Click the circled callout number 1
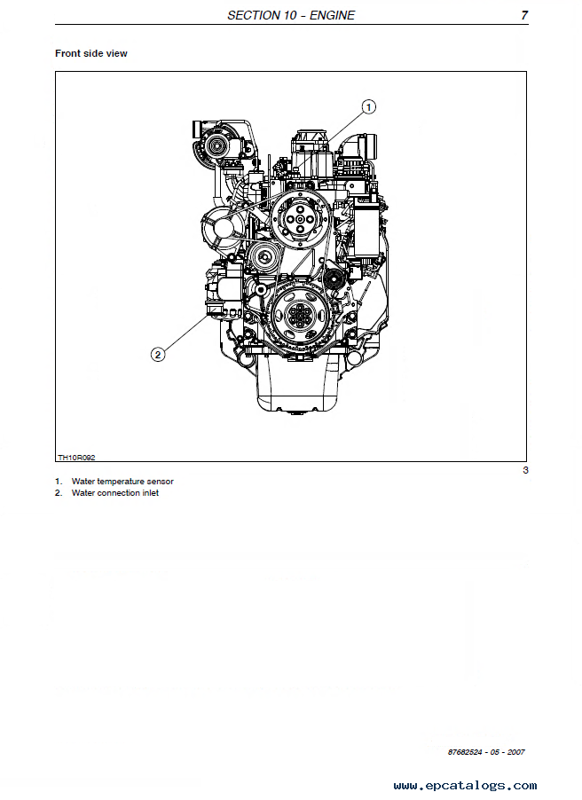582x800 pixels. (x=369, y=107)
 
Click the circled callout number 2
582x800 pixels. (x=158, y=355)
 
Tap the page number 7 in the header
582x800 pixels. (x=524, y=15)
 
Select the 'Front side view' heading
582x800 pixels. (x=91, y=53)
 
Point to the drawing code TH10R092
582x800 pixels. (x=76, y=458)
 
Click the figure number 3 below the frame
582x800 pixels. (x=525, y=470)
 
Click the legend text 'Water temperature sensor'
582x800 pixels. (x=122, y=482)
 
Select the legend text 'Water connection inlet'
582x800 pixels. (x=115, y=493)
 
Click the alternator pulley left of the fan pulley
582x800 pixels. (x=219, y=229)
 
